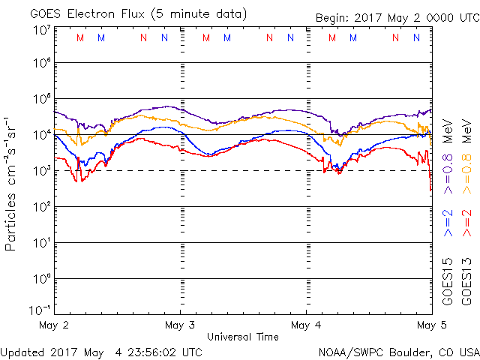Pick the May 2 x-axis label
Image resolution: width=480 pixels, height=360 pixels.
[x=54, y=325]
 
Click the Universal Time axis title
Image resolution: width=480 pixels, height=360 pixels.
[x=243, y=337]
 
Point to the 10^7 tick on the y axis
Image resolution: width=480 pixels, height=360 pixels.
[x=41, y=30]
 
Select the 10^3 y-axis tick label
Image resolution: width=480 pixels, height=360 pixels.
[x=41, y=170]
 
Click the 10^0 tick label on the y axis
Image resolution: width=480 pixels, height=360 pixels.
[x=41, y=278]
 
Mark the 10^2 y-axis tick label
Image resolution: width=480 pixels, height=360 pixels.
[x=41, y=206]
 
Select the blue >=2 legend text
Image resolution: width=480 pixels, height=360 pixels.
[x=448, y=223]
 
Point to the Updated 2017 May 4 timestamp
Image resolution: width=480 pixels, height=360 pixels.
[x=101, y=351]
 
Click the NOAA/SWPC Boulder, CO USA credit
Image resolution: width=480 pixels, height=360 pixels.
[x=398, y=351]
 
